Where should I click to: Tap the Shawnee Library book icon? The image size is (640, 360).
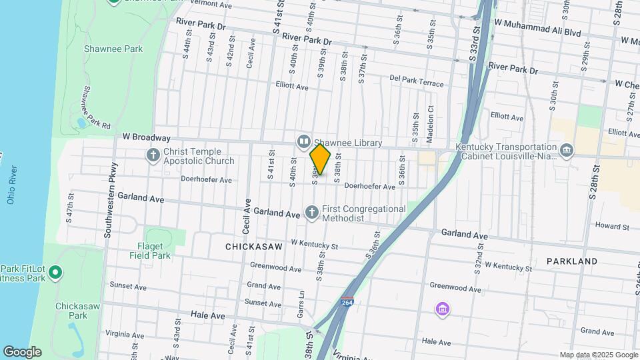tap(304, 141)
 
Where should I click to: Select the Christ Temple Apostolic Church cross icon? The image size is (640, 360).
tap(153, 155)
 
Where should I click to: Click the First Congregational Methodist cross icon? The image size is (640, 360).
tap(311, 213)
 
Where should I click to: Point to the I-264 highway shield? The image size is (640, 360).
tap(347, 302)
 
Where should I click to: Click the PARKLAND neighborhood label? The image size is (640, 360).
tap(572, 261)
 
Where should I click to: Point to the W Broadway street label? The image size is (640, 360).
tap(146, 137)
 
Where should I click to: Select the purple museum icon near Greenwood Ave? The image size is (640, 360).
tap(442, 309)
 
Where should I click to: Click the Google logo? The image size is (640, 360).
tap(22, 352)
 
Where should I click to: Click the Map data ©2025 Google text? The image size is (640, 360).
tap(597, 355)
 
